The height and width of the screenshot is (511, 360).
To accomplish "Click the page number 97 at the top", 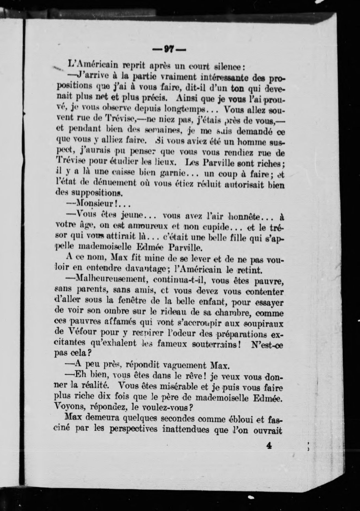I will tap(169, 50).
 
